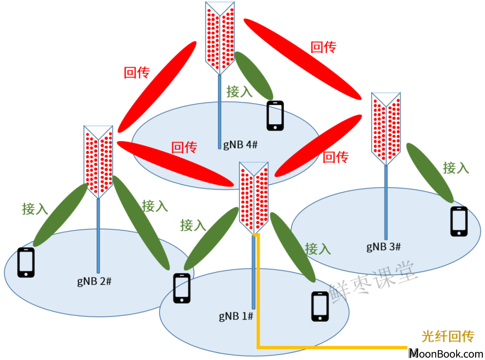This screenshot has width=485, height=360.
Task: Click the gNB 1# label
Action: click(x=236, y=316)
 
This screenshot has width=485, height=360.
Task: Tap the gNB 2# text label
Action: click(x=94, y=281)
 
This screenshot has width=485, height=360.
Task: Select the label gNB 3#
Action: click(x=384, y=247)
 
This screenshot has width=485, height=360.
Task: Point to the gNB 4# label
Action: click(x=240, y=145)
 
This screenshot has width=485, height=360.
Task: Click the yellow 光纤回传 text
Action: click(x=448, y=336)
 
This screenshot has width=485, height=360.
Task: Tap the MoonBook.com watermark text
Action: click(x=445, y=353)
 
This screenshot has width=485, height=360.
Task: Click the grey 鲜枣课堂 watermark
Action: click(x=373, y=281)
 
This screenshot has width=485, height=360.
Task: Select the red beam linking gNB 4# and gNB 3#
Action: click(x=303, y=59)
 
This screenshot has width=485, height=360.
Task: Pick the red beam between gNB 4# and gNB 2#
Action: click(x=157, y=87)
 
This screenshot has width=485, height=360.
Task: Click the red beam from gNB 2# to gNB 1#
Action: click(x=175, y=163)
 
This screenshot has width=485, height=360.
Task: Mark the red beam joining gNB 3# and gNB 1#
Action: click(x=318, y=146)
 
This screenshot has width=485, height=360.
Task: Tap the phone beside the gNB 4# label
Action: click(x=275, y=115)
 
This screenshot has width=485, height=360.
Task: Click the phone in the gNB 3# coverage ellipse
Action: click(x=459, y=221)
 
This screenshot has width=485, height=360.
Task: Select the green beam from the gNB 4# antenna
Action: click(x=254, y=76)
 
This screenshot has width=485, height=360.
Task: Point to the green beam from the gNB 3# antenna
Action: click(x=430, y=172)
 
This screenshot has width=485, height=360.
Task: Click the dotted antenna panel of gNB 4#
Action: click(x=220, y=38)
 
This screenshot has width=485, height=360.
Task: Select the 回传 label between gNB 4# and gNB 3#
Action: click(x=323, y=47)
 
